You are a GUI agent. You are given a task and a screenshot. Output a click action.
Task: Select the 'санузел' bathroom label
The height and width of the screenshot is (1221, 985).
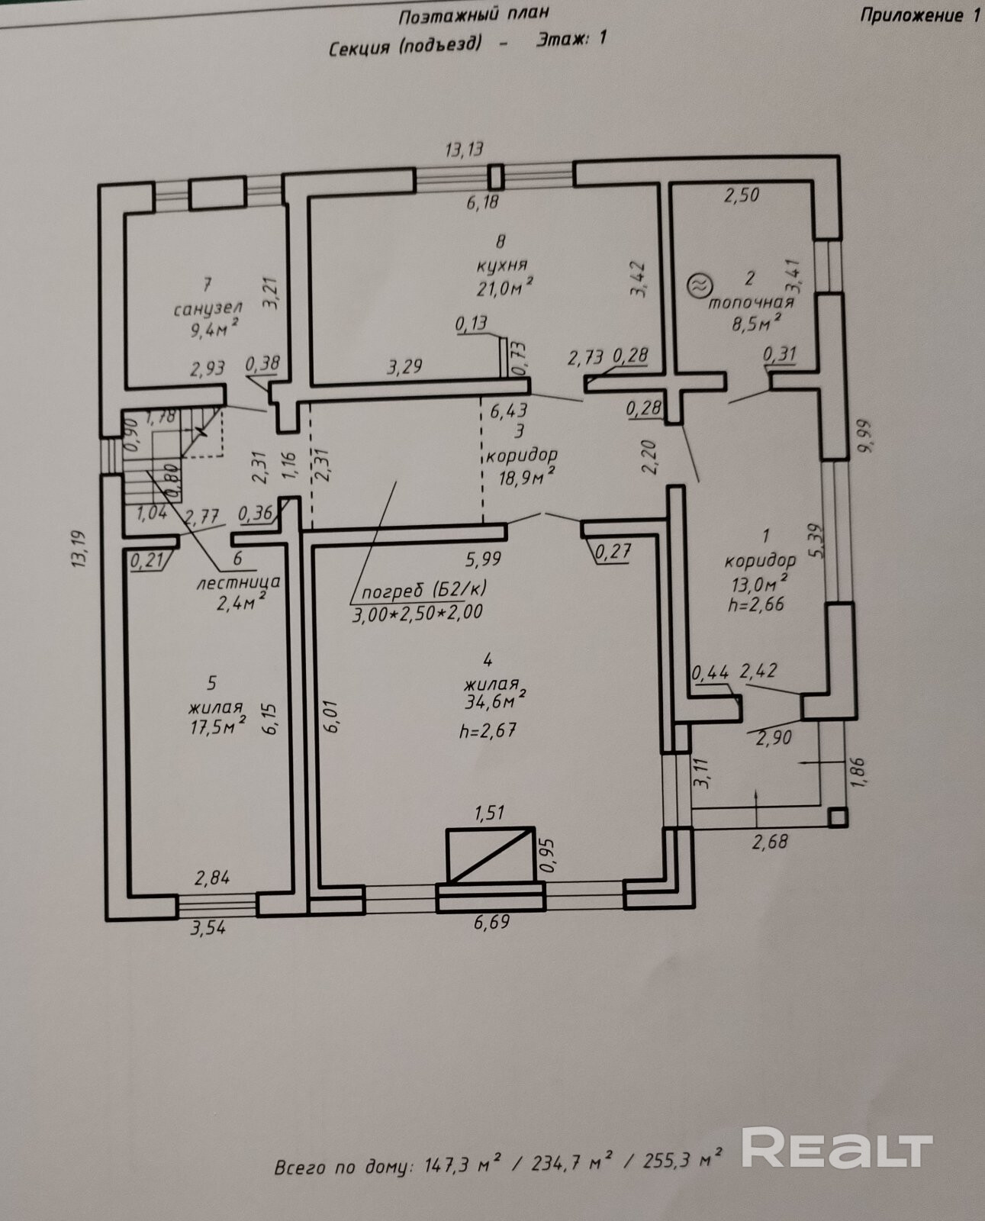[x=208, y=308]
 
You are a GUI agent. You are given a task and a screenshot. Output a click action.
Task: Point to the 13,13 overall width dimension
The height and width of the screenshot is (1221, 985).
[x=465, y=150]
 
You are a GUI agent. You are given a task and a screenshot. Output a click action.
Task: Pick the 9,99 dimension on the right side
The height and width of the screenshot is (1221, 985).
[x=864, y=436]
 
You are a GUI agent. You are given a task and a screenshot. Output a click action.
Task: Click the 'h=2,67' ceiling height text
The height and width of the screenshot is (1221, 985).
[x=488, y=730]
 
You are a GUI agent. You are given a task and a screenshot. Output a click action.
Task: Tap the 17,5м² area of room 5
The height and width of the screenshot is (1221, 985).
[x=217, y=726]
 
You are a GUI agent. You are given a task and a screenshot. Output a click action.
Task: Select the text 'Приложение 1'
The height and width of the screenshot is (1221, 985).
[x=919, y=15]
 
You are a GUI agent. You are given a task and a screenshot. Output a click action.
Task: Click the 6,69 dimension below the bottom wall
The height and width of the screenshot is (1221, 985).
[x=491, y=923]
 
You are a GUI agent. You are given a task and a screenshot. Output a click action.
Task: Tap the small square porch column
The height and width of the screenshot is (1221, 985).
[x=838, y=817]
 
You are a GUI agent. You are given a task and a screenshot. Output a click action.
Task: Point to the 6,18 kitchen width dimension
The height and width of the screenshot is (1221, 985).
[x=481, y=202]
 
